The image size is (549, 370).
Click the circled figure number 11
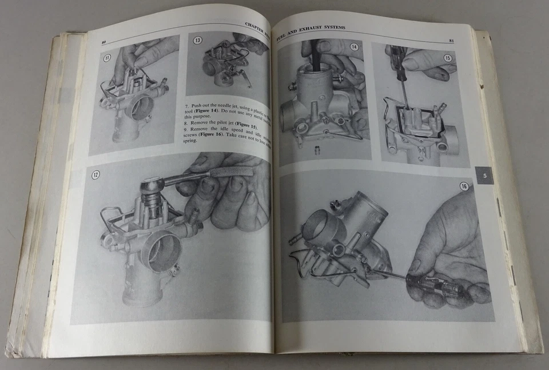106,57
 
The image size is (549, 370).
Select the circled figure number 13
198,41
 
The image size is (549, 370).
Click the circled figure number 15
447,58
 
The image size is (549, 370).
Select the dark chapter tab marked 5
484,176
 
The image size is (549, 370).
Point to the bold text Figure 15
247,125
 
